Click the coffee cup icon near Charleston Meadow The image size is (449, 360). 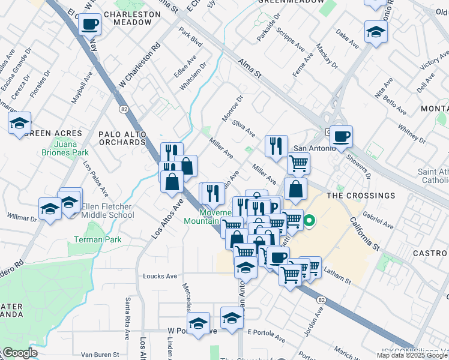89,24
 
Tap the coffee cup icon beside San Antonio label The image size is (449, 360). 341,136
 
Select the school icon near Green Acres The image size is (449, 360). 20,124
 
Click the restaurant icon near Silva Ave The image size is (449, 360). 276,146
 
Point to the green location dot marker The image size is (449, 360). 310,221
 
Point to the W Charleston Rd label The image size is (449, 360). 140,64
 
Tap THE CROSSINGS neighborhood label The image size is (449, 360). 360,196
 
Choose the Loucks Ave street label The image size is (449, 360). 160,277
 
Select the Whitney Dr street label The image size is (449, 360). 411,131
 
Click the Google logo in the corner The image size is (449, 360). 20,353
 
